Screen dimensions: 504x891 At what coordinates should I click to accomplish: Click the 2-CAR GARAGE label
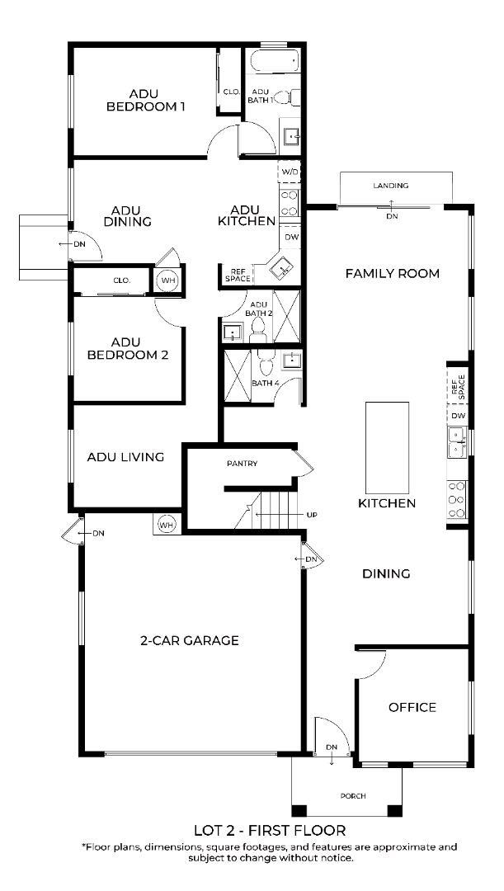pos(189,640)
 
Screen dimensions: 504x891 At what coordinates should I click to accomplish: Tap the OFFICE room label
pos(412,708)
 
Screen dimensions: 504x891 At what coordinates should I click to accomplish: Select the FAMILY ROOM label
pos(393,273)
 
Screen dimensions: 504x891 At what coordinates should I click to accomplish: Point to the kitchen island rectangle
pos(388,447)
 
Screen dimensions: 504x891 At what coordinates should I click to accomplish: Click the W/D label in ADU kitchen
pos(290,171)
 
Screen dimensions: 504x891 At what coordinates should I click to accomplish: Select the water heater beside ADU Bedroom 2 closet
pos(167,280)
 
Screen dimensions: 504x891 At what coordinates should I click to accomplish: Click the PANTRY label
pos(242,464)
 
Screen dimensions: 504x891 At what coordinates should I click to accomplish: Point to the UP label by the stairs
pos(311,515)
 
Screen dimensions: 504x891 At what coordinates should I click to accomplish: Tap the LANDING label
pos(391,186)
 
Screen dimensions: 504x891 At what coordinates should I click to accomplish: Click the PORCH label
pos(353,795)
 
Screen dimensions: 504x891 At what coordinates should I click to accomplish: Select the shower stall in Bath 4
pos(238,376)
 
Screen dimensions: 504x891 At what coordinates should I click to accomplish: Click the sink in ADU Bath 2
pos(233,332)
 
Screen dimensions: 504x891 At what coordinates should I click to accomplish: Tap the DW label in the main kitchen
pos(459,416)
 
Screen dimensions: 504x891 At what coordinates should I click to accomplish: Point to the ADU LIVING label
pos(125,456)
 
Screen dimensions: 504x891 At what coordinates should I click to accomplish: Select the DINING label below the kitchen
pos(386,574)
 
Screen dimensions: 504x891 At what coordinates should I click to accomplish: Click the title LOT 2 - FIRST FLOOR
pos(270,830)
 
